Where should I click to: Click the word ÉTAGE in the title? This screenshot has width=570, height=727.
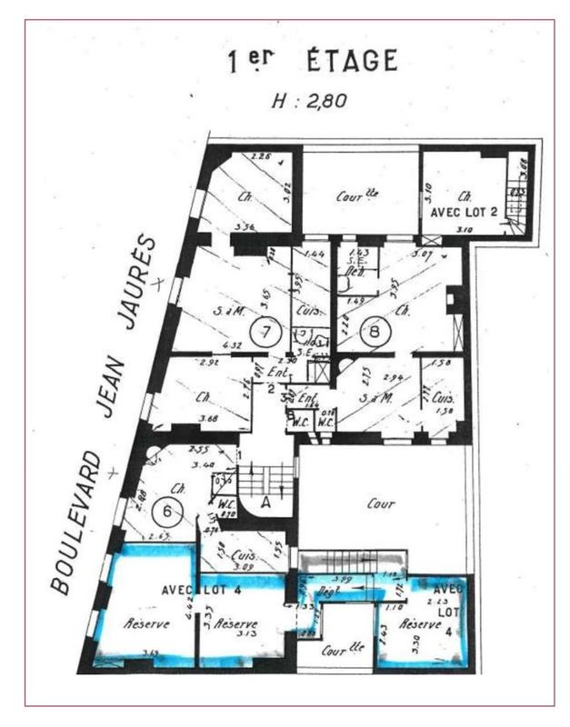point(352,63)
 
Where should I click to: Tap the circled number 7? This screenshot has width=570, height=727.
point(266,333)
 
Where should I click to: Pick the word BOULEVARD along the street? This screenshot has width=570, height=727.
point(79,522)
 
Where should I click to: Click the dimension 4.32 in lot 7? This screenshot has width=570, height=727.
point(207,344)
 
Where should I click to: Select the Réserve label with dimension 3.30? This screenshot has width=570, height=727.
point(420,624)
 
